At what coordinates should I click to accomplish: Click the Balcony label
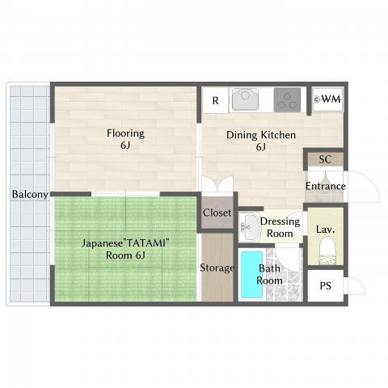tap(30, 194)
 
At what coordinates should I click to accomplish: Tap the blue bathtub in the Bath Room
tap(252, 275)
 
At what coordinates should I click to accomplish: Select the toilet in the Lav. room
tap(327, 251)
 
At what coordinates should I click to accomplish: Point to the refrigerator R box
tap(215, 100)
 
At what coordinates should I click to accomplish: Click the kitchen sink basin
tap(245, 99)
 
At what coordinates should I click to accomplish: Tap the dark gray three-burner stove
tap(287, 99)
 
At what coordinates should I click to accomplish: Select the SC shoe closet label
tap(325, 159)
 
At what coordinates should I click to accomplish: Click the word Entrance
tap(326, 186)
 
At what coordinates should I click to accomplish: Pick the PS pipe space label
tap(325, 285)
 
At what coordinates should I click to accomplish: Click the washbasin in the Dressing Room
tap(249, 227)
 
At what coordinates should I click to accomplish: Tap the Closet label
tap(217, 213)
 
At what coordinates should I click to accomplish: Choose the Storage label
tap(217, 268)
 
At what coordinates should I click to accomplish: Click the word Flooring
tap(125, 133)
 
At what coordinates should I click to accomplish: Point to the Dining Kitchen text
tap(261, 135)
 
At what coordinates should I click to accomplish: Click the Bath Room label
tap(269, 275)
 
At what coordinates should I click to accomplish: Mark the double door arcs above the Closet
tap(217, 183)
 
